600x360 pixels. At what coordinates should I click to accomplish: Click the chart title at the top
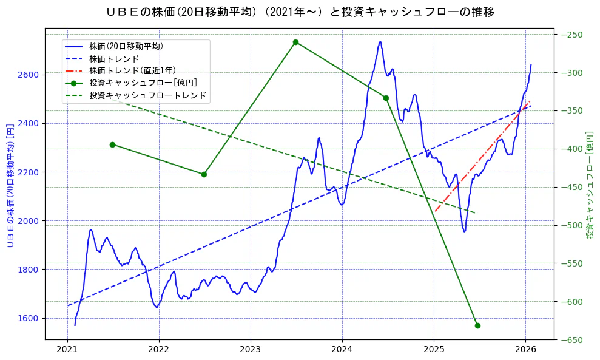tap(300, 12)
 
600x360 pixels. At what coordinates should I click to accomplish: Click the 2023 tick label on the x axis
tap(251, 349)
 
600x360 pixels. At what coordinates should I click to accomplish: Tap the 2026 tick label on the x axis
tap(525, 349)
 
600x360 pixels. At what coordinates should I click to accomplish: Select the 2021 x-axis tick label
tap(67, 349)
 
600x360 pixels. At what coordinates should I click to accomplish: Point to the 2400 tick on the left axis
tap(29, 124)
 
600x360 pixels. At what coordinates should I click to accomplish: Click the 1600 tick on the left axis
tap(29, 318)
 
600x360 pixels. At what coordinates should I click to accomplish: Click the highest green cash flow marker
tap(295, 42)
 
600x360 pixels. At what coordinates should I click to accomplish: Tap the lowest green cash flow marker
tap(477, 325)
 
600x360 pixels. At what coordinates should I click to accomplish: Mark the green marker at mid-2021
tap(112, 144)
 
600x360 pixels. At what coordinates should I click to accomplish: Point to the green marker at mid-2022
tap(204, 174)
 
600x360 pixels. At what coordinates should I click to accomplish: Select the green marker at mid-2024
tap(386, 98)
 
